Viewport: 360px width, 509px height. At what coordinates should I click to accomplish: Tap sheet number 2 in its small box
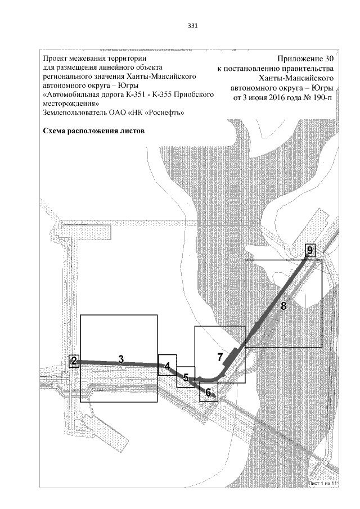coord(74,362)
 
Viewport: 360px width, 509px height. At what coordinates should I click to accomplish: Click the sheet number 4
coord(167,366)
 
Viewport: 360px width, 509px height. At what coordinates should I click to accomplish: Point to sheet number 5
coord(186,378)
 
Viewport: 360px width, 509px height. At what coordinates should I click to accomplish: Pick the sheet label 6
coord(208,392)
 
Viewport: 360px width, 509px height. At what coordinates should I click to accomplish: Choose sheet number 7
coord(220,357)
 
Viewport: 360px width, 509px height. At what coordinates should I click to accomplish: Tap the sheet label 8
coord(283,307)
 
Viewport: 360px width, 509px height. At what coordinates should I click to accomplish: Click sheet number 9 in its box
coord(310,250)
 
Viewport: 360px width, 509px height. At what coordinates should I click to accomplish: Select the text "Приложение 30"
coord(306,59)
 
